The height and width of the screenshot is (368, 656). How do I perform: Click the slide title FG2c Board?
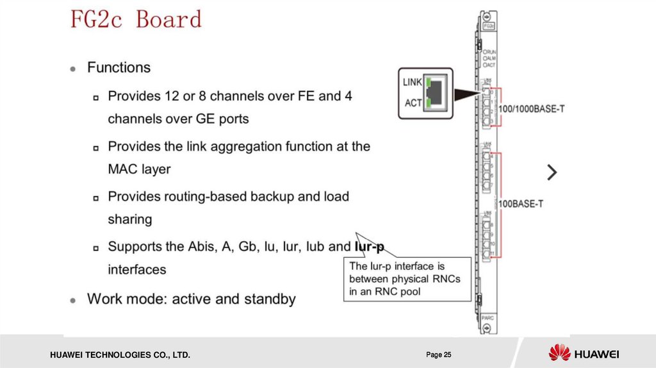click(x=136, y=19)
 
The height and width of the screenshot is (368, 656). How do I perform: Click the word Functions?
click(x=119, y=67)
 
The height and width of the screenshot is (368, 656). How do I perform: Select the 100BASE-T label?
click(x=520, y=204)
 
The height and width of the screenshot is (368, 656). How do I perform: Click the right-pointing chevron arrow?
click(x=552, y=172)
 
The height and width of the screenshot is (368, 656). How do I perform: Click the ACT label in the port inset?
click(x=414, y=103)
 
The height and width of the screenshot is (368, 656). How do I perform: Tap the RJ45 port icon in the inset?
click(x=436, y=92)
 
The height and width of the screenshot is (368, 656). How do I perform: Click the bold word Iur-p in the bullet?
click(x=369, y=246)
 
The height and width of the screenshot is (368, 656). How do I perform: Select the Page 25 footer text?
click(x=439, y=355)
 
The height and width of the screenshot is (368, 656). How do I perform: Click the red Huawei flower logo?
click(x=559, y=353)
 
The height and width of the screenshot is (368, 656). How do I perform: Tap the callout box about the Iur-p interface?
click(x=408, y=279)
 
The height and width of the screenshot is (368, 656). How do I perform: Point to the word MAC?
click(x=122, y=170)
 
